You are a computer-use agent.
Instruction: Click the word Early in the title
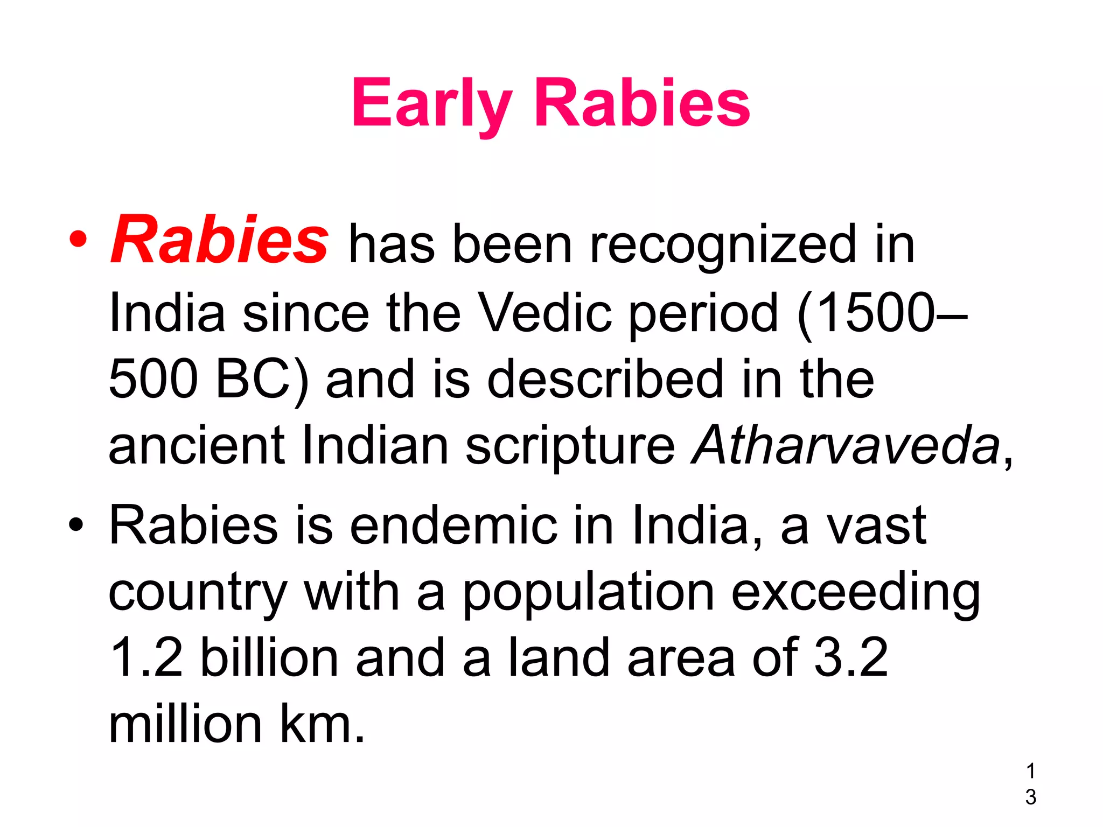(431, 103)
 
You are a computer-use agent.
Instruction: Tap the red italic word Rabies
(219, 240)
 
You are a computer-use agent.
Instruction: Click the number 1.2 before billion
(146, 658)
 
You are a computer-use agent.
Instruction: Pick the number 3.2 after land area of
(851, 658)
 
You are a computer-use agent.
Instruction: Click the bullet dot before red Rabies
(78, 240)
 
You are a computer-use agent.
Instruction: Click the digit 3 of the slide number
(1031, 797)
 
